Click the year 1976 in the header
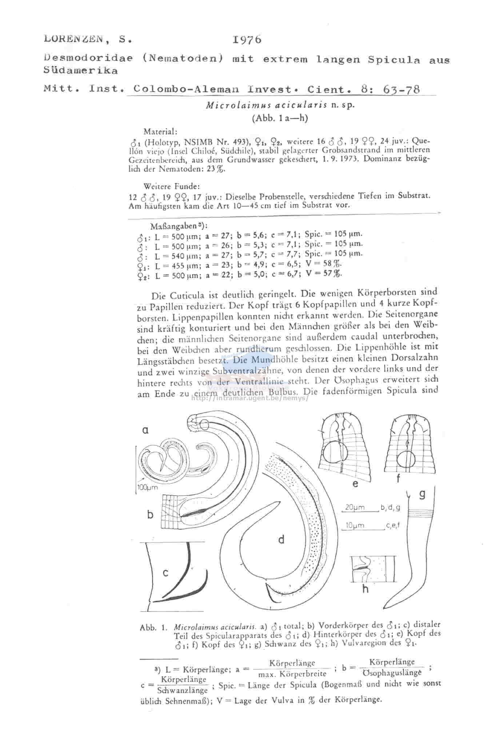pyautogui.click(x=247, y=40)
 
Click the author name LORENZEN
pyautogui.click(x=73, y=39)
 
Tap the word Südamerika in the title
pyautogui.click(x=80, y=71)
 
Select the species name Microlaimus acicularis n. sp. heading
pyautogui.click(x=280, y=106)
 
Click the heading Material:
pyautogui.click(x=160, y=131)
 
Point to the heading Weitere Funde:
pyautogui.click(x=172, y=186)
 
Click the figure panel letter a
pyautogui.click(x=145, y=430)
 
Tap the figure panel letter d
pyautogui.click(x=281, y=539)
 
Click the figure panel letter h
pyautogui.click(x=366, y=589)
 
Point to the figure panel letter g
pyautogui.click(x=422, y=494)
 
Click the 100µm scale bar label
pyautogui.click(x=148, y=488)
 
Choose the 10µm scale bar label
pyautogui.click(x=355, y=526)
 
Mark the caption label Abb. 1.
pyautogui.click(x=153, y=628)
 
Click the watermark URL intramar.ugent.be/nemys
pyautogui.click(x=250, y=398)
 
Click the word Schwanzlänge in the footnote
pyautogui.click(x=183, y=690)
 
